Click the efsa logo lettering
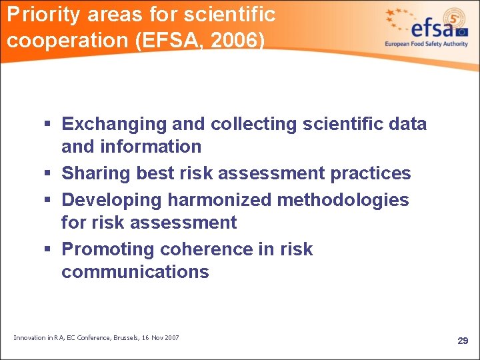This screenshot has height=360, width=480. (x=433, y=28)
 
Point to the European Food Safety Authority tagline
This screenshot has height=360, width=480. (x=427, y=44)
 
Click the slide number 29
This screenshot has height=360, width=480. (x=463, y=341)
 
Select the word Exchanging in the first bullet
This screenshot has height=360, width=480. (x=114, y=124)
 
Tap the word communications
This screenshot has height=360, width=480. (x=135, y=272)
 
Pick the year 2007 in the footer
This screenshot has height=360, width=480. (x=171, y=338)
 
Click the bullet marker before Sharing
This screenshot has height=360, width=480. (x=50, y=173)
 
